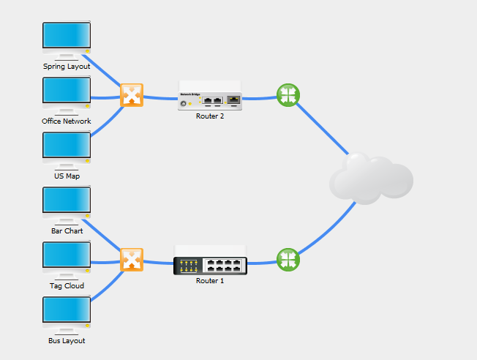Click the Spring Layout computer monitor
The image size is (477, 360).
[67, 37]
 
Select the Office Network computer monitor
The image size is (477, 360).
[67, 92]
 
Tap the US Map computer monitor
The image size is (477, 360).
[67, 147]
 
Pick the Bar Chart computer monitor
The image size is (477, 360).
[67, 202]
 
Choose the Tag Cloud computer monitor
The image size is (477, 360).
[67, 257]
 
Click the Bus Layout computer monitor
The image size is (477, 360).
[67, 312]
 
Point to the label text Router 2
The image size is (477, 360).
[210, 116]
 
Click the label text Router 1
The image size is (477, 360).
[210, 281]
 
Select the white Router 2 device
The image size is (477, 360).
[210, 97]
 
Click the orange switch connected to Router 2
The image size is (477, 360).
[131, 95]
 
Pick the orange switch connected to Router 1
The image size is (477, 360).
[131, 260]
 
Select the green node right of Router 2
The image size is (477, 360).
[288, 95]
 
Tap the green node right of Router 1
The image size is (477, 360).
[288, 259]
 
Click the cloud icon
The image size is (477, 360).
[370, 178]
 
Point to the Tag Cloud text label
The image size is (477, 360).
[67, 286]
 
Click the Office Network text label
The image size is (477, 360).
[67, 121]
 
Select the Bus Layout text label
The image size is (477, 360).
[67, 341]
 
